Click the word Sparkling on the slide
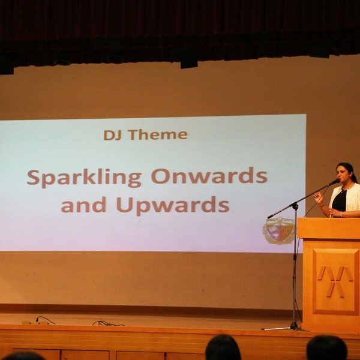click(84, 178)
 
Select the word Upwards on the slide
click(173, 205)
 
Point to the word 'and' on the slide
click(83, 205)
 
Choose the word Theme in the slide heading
click(158, 134)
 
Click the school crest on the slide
click(279, 230)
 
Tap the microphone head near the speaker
click(334, 182)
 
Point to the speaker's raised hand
click(318, 197)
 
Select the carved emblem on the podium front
click(335, 281)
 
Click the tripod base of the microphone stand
click(287, 328)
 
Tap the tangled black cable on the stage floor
click(108, 324)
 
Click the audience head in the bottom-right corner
click(327, 348)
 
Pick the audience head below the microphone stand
click(223, 347)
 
